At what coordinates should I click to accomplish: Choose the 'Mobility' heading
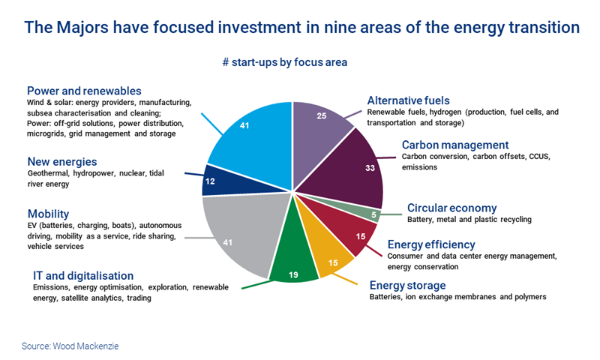49,214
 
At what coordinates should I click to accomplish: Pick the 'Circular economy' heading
451,208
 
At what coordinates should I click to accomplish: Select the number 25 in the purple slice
319,117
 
